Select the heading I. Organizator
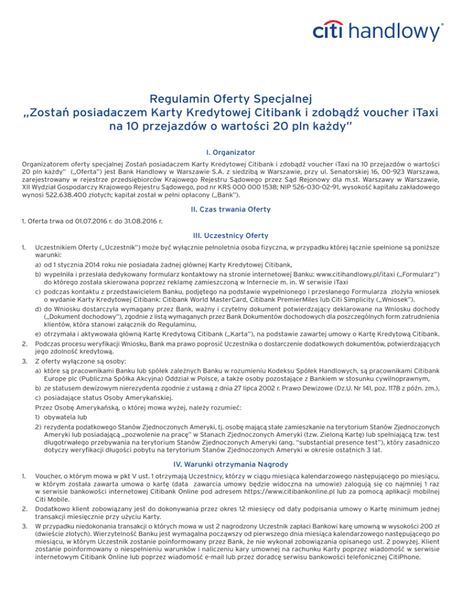coord(230,136)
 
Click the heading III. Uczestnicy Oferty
coord(230,236)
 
